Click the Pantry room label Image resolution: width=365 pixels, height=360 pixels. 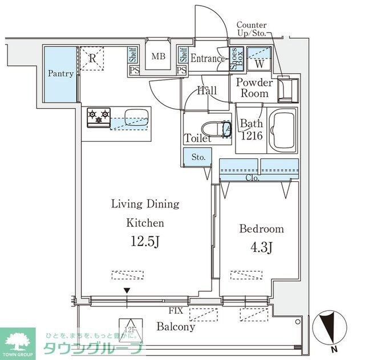coord(60,74)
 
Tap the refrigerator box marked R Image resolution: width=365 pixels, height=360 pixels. coord(92,58)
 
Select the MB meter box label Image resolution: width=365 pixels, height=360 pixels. coord(158,57)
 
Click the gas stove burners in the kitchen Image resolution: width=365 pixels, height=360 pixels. coord(98,117)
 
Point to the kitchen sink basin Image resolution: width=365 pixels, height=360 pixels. coord(135,113)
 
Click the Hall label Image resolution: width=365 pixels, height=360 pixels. coord(206,91)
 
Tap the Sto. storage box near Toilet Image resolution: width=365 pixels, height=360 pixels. coord(198,156)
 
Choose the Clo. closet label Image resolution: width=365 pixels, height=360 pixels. coord(253,178)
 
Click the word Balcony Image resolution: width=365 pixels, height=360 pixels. coord(176,328)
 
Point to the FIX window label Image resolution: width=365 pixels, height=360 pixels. coord(176,312)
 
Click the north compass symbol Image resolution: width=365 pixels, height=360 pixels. coord(329,328)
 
